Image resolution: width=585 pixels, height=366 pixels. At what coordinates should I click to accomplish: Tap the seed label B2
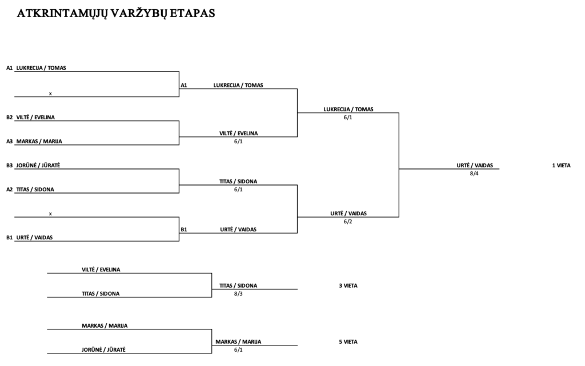pyautogui.click(x=9, y=117)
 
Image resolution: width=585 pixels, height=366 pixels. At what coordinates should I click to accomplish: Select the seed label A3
pyautogui.click(x=9, y=141)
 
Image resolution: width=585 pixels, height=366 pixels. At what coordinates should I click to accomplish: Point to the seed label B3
pyautogui.click(x=9, y=166)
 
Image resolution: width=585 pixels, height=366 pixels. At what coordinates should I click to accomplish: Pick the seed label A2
pyautogui.click(x=9, y=190)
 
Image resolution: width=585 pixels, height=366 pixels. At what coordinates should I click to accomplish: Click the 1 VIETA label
pyautogui.click(x=561, y=166)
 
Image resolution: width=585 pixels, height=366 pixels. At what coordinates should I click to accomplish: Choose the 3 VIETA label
pyautogui.click(x=348, y=285)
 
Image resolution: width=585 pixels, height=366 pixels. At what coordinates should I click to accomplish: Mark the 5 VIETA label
pyautogui.click(x=348, y=342)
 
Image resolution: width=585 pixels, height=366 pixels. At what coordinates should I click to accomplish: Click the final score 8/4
pyautogui.click(x=474, y=174)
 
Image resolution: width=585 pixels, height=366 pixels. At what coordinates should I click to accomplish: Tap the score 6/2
pyautogui.click(x=348, y=222)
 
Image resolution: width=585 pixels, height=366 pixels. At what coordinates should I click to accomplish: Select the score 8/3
pyautogui.click(x=238, y=293)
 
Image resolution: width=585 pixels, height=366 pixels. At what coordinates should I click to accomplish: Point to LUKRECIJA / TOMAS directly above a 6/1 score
pyautogui.click(x=348, y=109)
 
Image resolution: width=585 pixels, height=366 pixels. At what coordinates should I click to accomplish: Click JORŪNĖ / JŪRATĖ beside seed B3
pyautogui.click(x=38, y=166)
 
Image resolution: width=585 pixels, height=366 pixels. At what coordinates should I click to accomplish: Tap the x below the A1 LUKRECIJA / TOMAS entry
pyautogui.click(x=50, y=94)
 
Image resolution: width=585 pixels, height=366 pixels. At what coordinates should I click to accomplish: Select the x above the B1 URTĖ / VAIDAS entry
pyautogui.click(x=50, y=214)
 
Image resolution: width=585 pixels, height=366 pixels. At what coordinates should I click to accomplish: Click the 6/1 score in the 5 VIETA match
pyautogui.click(x=238, y=349)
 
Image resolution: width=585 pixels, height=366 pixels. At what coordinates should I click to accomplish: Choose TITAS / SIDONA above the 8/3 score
pyautogui.click(x=238, y=285)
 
